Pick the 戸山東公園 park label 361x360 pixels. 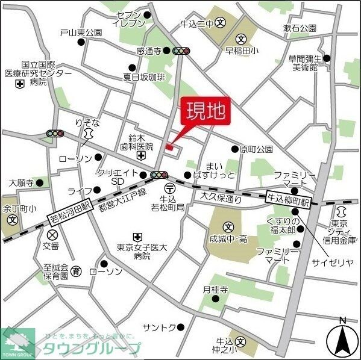tap(81, 33)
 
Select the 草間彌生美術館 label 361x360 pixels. tap(304, 64)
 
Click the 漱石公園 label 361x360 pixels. tap(300, 28)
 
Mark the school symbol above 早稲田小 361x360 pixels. tap(246, 39)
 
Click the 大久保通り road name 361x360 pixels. tap(221, 196)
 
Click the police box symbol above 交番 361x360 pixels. tap(52, 234)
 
